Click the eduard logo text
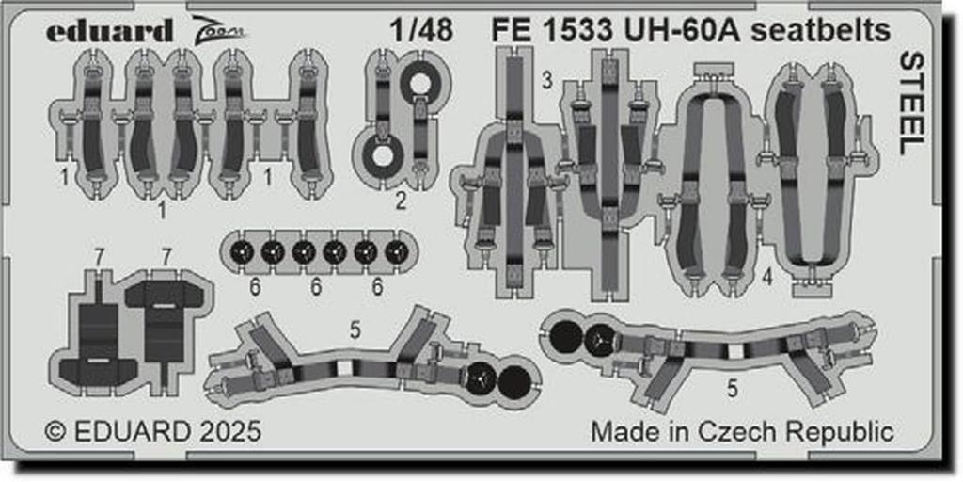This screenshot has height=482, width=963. coord(109,31)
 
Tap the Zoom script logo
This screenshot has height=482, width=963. coord(219,29)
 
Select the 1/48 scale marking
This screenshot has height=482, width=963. coord(421,31)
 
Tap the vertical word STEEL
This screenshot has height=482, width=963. coord(911,104)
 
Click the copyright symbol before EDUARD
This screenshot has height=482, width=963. coord(55,431)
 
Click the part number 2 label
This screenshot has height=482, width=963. coord(400,201)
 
